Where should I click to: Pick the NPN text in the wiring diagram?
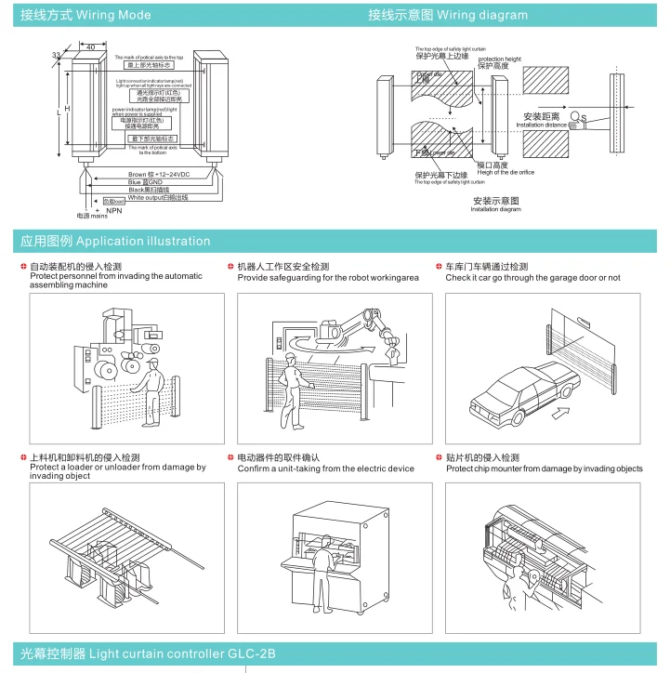pyautogui.click(x=114, y=211)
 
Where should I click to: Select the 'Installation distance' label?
pyautogui.click(x=542, y=125)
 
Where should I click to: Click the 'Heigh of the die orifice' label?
pyautogui.click(x=506, y=172)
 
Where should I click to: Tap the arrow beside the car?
pyautogui.click(x=562, y=409)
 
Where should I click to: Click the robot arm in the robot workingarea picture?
pyautogui.click(x=362, y=324)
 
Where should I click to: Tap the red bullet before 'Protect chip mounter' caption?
pyautogui.click(x=440, y=457)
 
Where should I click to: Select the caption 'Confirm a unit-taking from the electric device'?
pyautogui.click(x=326, y=469)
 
